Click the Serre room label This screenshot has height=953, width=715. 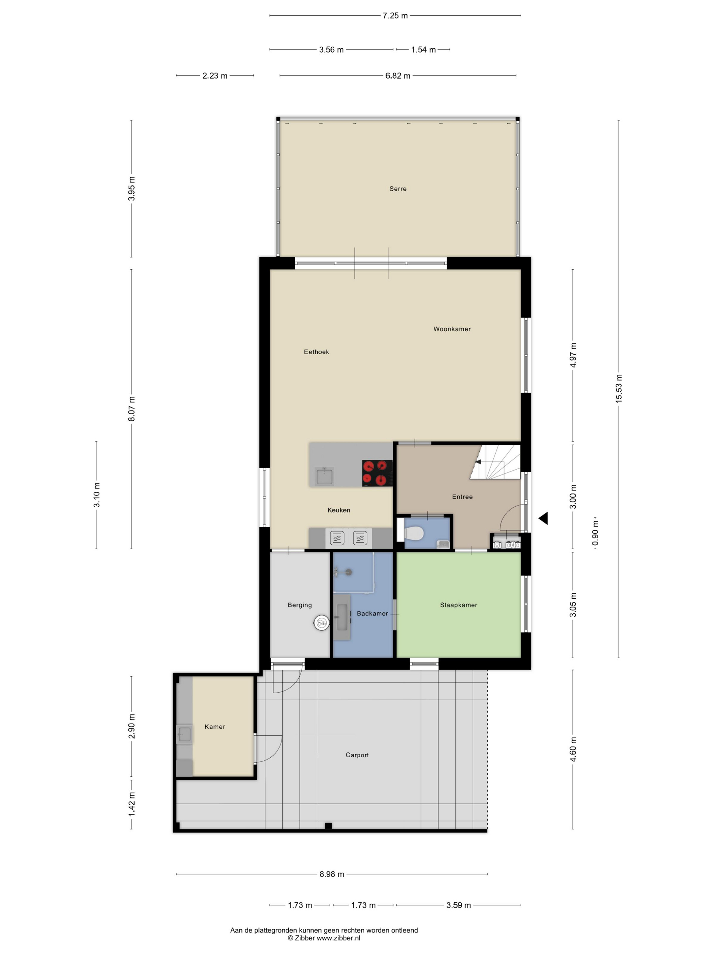click(x=397, y=189)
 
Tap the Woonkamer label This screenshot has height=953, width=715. click(x=452, y=329)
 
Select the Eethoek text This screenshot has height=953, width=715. click(x=316, y=352)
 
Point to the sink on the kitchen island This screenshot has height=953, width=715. click(x=324, y=476)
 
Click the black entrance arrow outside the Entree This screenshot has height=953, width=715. click(x=543, y=518)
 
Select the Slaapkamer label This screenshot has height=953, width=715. click(x=459, y=605)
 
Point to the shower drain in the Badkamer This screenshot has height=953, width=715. click(x=348, y=572)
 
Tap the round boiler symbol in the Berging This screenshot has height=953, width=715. click(x=321, y=623)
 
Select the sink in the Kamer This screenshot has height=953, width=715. click(x=185, y=734)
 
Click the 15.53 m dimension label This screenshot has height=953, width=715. click(x=618, y=389)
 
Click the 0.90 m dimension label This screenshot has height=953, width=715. click(x=595, y=533)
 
